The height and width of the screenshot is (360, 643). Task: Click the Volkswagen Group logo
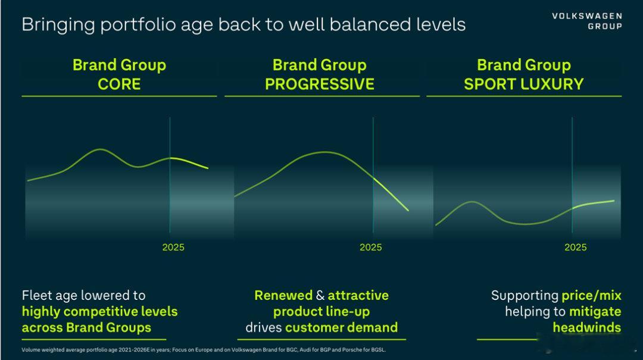click(x=587, y=21)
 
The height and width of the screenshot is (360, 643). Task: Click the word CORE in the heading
click(x=119, y=84)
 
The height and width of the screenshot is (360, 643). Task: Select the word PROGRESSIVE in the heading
click(x=320, y=84)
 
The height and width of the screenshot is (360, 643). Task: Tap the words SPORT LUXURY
click(x=524, y=84)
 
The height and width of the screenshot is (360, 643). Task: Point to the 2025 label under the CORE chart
click(x=173, y=248)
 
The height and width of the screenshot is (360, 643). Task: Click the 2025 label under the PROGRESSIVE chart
click(x=371, y=248)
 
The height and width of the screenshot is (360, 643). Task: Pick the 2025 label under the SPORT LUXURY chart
click(x=575, y=248)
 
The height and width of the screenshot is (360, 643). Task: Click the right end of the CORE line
click(x=208, y=168)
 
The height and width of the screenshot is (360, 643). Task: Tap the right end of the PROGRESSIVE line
click(x=408, y=211)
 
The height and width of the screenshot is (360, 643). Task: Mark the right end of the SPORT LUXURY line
click(x=614, y=201)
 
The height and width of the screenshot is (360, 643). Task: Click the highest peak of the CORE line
click(x=101, y=149)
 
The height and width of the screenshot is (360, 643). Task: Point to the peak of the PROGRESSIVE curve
click(x=325, y=152)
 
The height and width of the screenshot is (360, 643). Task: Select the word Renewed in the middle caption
click(x=283, y=295)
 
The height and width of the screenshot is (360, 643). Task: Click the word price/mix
click(x=591, y=296)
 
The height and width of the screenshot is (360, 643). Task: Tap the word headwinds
click(x=587, y=328)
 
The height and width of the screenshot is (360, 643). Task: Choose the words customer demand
click(x=342, y=328)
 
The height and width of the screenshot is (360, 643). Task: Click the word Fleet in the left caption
click(x=36, y=295)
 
